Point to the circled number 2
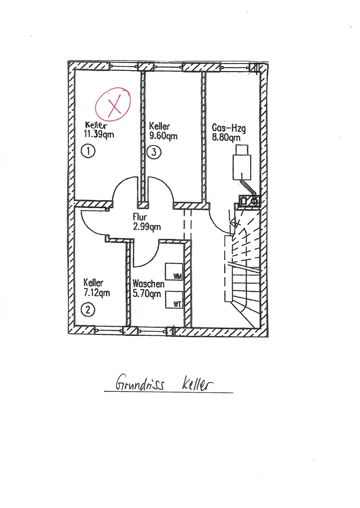click(x=89, y=310)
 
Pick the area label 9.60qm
click(x=163, y=136)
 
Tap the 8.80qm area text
click(x=226, y=136)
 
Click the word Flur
click(x=140, y=217)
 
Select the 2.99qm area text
click(x=147, y=227)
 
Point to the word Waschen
click(x=148, y=283)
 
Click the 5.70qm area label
click(x=147, y=293)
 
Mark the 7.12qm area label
click(x=97, y=293)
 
